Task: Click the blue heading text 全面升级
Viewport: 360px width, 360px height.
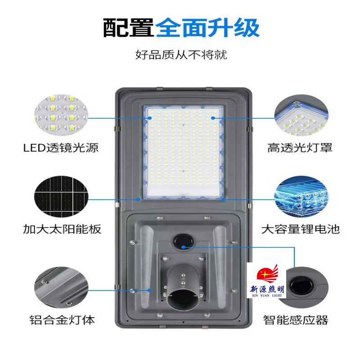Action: point(207,27)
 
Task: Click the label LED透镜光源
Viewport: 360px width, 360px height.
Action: point(61,147)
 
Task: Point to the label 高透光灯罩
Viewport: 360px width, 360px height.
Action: point(300,147)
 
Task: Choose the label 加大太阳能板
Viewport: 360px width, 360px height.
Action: point(62,229)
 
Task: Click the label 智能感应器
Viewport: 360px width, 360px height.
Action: point(296,320)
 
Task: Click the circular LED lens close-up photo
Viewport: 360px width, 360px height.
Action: point(61,116)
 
